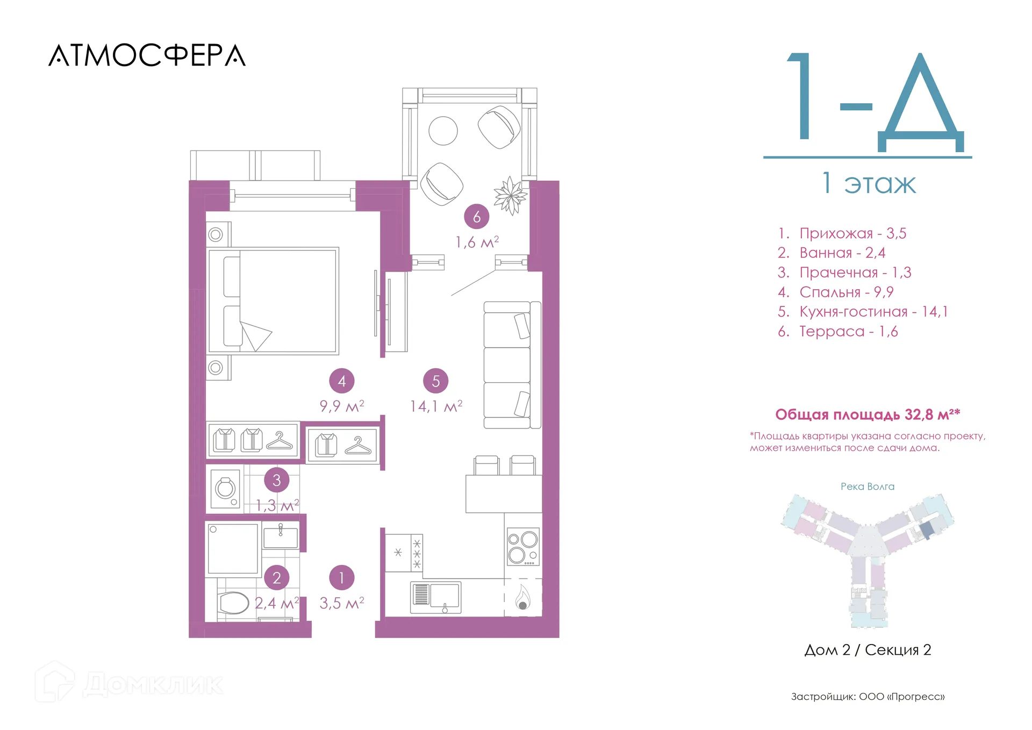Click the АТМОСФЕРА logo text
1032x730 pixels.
pyautogui.click(x=147, y=55)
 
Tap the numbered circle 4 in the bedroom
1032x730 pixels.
pyautogui.click(x=342, y=381)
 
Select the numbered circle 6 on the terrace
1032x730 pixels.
pyautogui.click(x=477, y=217)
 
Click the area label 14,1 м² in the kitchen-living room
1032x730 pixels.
pyautogui.click(x=436, y=406)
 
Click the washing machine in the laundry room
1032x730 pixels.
pyautogui.click(x=225, y=489)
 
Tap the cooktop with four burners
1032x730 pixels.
pyautogui.click(x=523, y=547)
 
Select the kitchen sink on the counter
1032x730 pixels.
pyautogui.click(x=436, y=597)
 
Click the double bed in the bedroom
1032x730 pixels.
pyautogui.click(x=273, y=300)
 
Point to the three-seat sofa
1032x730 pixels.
pyautogui.click(x=512, y=365)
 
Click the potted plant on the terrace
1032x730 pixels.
pyautogui.click(x=510, y=196)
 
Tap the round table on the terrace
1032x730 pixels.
pyautogui.click(x=443, y=131)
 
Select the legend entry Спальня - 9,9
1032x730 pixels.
pyautogui.click(x=836, y=292)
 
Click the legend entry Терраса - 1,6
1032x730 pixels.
pyautogui.click(x=838, y=331)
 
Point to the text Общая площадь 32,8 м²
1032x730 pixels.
pyautogui.click(x=868, y=414)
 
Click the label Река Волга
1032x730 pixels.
pyautogui.click(x=868, y=486)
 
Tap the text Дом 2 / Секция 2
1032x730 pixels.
pyautogui.click(x=868, y=650)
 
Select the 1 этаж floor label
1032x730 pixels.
pyautogui.click(x=869, y=183)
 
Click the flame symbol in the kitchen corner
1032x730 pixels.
pyautogui.click(x=523, y=597)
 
